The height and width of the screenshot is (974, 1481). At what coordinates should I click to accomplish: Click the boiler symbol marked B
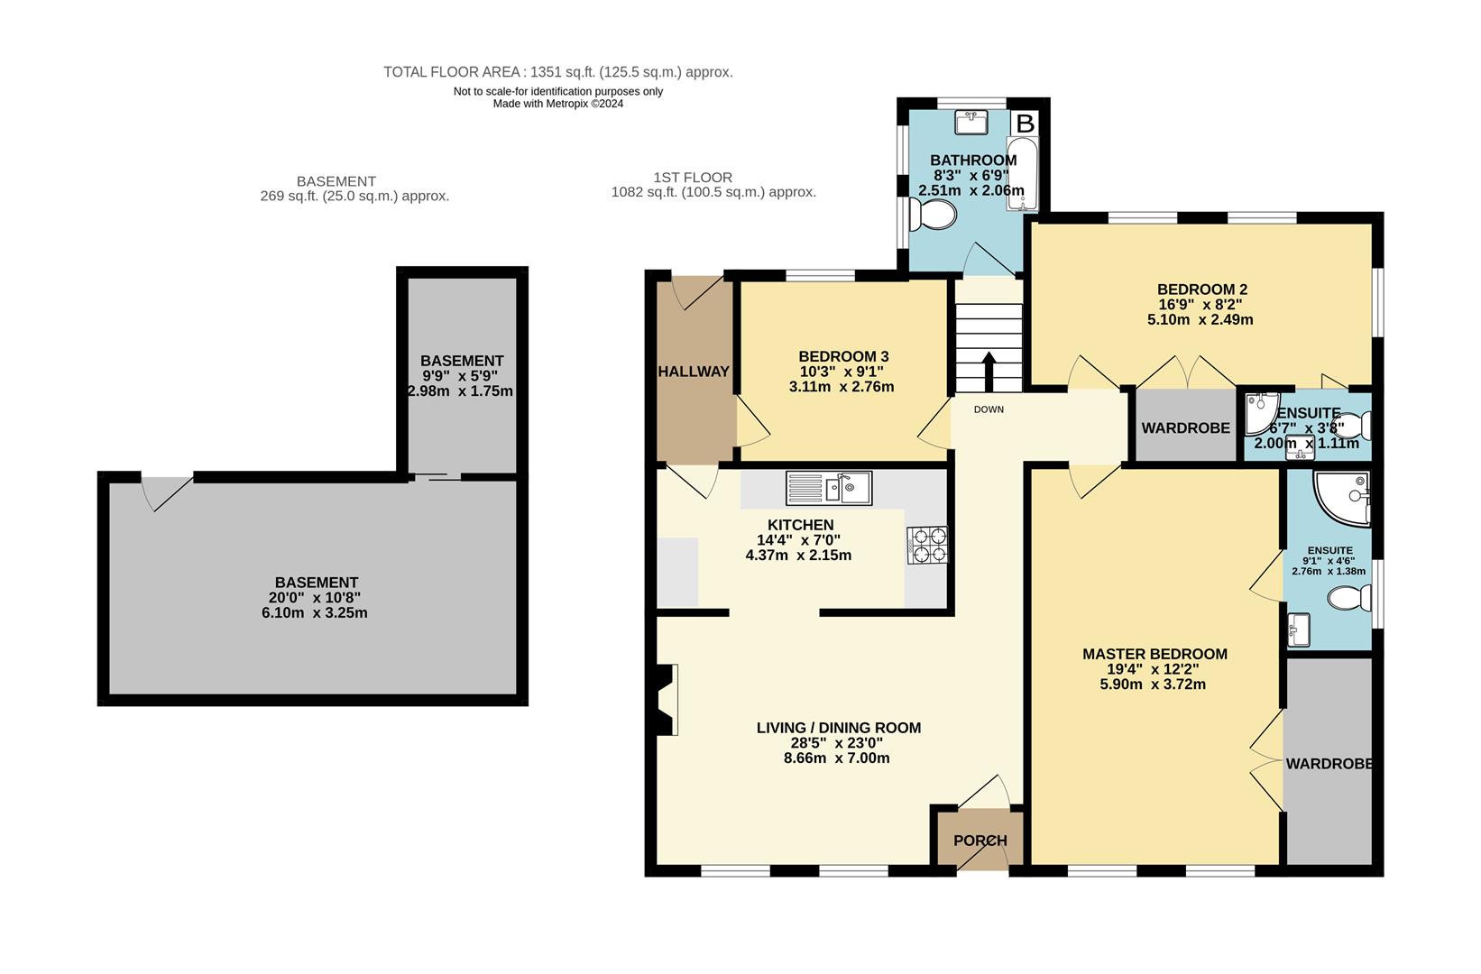pyautogui.click(x=1026, y=123)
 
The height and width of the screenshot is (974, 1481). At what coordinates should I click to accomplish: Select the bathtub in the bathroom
pyautogui.click(x=1022, y=174)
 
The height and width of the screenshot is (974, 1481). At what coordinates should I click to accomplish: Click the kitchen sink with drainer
pyautogui.click(x=828, y=488)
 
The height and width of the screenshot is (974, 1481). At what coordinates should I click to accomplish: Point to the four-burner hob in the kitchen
pyautogui.click(x=927, y=545)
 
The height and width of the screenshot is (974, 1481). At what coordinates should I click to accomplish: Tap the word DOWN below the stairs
pyautogui.click(x=989, y=409)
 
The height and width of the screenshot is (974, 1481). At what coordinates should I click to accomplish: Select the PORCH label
pyautogui.click(x=980, y=841)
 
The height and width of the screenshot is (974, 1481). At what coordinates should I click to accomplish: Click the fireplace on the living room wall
pyautogui.click(x=667, y=701)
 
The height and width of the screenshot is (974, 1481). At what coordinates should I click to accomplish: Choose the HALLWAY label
pyautogui.click(x=693, y=372)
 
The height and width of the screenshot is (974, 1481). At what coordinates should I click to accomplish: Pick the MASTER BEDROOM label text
pyautogui.click(x=1154, y=654)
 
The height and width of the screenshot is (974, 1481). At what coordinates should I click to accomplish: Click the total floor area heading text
pyautogui.click(x=557, y=72)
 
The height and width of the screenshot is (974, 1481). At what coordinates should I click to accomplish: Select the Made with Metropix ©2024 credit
pyautogui.click(x=557, y=104)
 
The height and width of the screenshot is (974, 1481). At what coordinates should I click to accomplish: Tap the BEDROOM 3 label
pyautogui.click(x=843, y=356)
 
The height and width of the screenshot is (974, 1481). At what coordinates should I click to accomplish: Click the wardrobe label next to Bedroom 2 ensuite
pyautogui.click(x=1185, y=427)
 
